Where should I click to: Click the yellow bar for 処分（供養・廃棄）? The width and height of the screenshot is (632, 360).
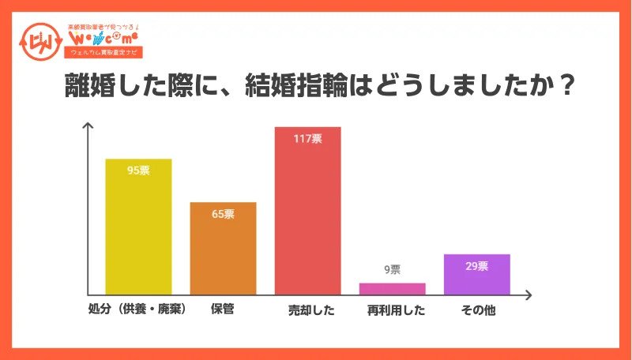click(x=139, y=229)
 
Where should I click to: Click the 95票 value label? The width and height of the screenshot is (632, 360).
click(x=139, y=171)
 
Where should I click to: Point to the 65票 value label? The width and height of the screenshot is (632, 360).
click(x=223, y=214)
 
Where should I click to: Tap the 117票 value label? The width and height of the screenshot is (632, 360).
click(x=307, y=139)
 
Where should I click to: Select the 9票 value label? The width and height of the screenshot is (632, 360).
click(x=392, y=270)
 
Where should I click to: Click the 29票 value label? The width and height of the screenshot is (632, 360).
click(x=476, y=266)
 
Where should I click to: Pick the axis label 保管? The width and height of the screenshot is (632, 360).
click(x=222, y=309)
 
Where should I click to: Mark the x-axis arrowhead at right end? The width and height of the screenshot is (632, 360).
click(x=530, y=294)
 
